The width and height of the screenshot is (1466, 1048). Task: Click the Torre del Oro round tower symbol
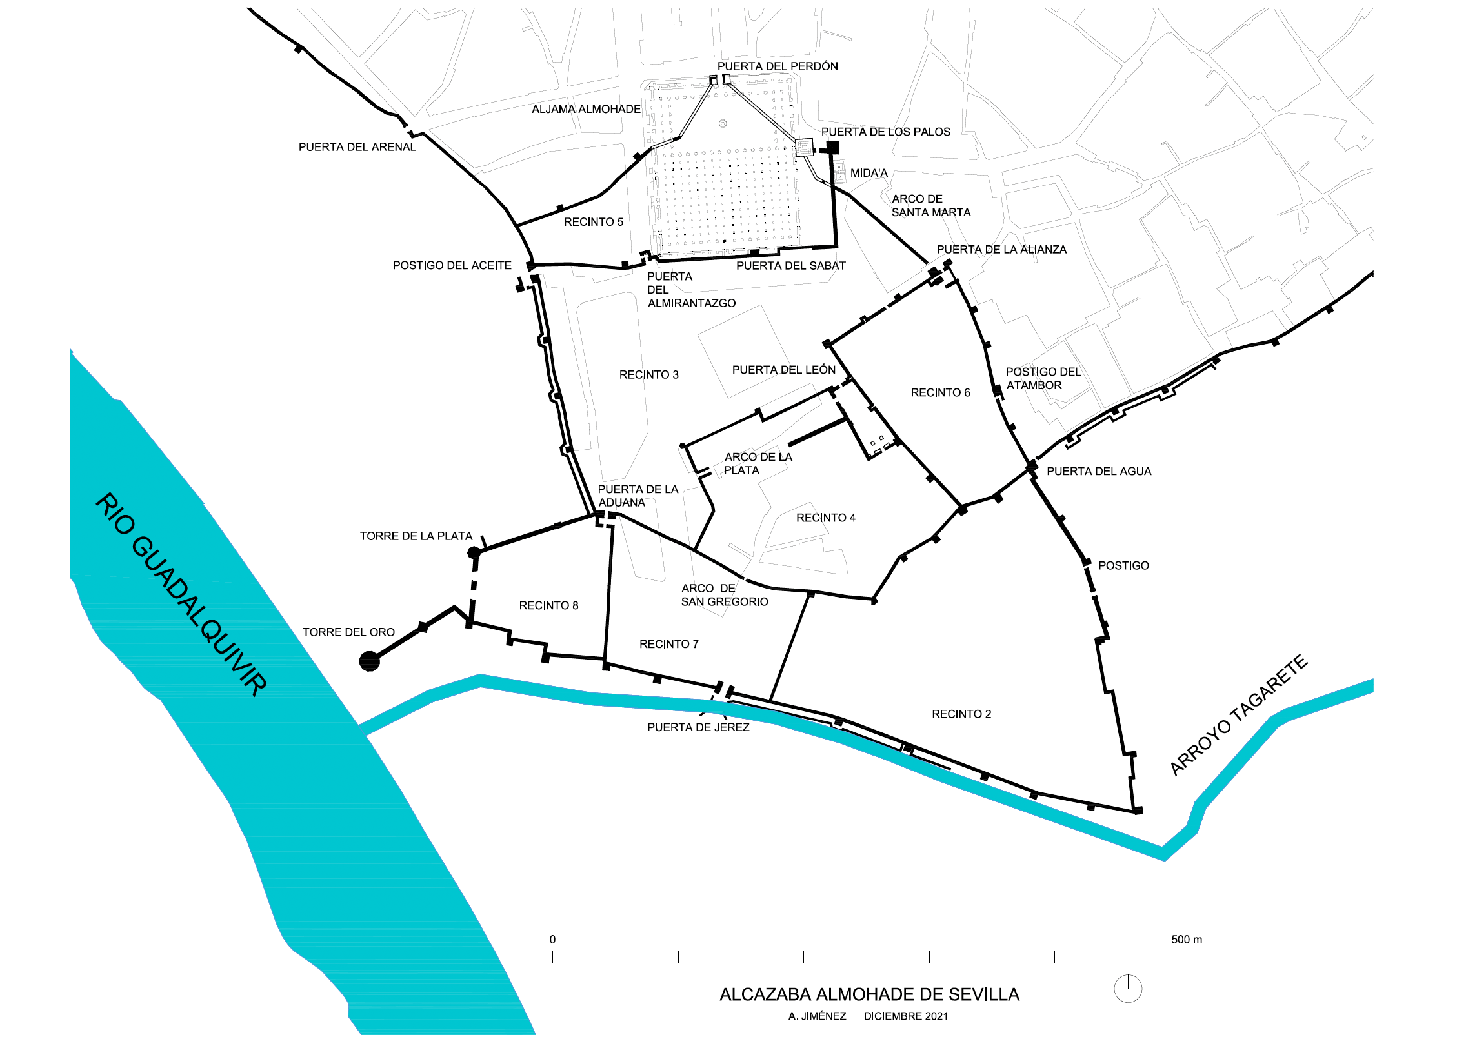click(369, 661)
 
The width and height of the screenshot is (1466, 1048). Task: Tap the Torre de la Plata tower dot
click(474, 552)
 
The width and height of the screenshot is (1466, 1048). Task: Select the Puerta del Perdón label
click(778, 66)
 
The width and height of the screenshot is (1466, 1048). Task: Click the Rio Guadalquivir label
click(181, 594)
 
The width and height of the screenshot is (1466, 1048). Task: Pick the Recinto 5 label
click(593, 222)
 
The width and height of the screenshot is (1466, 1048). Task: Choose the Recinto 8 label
click(548, 605)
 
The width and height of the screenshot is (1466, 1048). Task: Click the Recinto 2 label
click(961, 714)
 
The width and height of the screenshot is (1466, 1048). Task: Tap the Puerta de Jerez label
click(698, 727)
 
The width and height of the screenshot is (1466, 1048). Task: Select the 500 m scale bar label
click(1186, 940)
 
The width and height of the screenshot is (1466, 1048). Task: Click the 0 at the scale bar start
click(552, 940)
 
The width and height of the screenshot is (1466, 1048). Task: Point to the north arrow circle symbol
click(1128, 989)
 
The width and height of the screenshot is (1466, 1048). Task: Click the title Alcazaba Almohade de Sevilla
click(869, 994)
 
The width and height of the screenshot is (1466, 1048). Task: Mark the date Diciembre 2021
click(906, 1016)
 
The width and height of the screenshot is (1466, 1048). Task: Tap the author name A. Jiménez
click(817, 1016)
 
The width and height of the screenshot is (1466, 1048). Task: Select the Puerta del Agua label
click(1098, 472)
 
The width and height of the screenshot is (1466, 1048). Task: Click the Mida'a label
click(869, 173)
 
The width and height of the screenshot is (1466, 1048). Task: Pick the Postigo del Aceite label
click(452, 265)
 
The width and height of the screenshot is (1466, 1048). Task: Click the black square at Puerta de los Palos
click(832, 148)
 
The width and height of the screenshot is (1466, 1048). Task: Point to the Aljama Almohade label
click(586, 110)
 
